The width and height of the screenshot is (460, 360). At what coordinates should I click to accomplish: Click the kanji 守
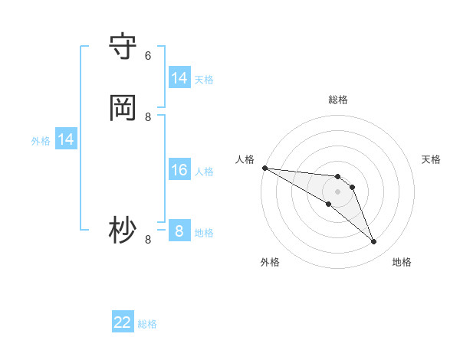pos(123,46)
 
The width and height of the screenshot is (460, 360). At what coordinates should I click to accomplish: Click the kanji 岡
pos(123,107)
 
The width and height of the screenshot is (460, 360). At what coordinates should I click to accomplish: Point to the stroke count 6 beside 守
pos(148,55)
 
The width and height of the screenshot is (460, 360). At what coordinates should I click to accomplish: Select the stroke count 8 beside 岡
pos(148,116)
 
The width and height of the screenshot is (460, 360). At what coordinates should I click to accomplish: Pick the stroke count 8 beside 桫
pos(148,239)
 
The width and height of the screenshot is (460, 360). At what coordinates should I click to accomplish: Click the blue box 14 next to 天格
pos(179,78)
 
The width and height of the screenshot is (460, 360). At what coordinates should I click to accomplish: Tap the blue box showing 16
pos(179,170)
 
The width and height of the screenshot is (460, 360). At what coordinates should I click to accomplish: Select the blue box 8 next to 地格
pos(179,231)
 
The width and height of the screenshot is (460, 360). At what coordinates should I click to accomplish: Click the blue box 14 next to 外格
pos(66,139)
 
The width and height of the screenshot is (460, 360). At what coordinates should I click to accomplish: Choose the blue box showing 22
pos(123,323)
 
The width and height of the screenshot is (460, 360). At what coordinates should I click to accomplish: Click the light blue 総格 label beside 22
pos(147,324)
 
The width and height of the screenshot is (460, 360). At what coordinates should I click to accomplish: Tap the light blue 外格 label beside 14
pos(41,141)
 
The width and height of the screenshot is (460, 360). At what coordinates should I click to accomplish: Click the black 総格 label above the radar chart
pos(338,100)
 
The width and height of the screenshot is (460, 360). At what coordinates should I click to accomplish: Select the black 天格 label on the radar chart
pos(431,159)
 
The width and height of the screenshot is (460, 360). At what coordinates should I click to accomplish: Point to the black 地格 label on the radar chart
pos(402,262)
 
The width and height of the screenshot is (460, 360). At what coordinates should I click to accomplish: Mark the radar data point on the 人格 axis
pos(264,168)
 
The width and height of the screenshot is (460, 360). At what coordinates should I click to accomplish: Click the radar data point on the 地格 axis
pos(374,242)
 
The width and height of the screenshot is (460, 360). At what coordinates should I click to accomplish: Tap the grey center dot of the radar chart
pos(337,191)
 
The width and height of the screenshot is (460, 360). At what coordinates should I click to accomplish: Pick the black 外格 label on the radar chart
pos(270,262)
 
